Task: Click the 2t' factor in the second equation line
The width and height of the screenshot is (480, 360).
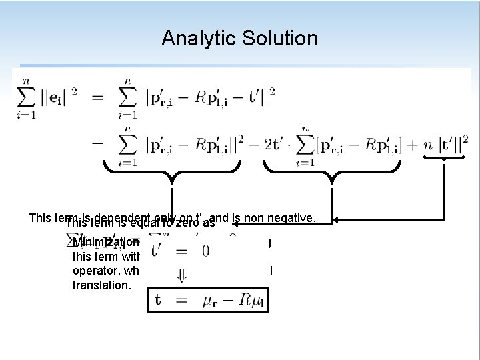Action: point(273,143)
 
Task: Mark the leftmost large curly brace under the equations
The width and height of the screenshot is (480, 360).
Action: point(172,175)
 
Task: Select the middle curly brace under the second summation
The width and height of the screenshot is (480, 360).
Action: point(329,175)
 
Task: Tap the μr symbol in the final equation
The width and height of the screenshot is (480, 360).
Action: point(209,301)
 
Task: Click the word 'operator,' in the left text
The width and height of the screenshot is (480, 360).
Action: point(95,270)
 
